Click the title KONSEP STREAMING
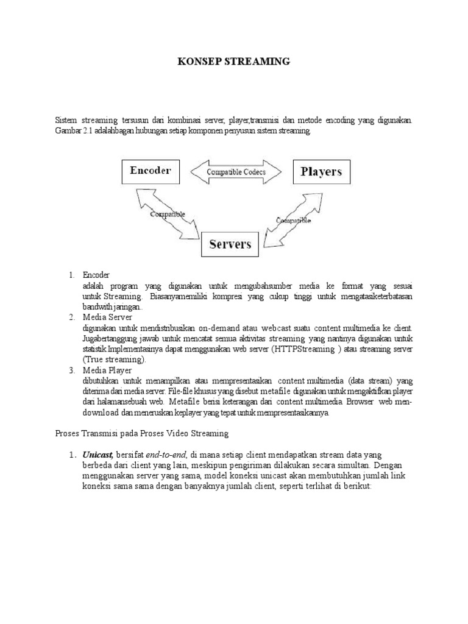[233, 62]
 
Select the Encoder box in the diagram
[151, 171]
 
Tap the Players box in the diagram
[321, 172]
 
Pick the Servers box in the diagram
[230, 245]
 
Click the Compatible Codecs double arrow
[236, 172]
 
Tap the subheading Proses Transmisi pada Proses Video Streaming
[141, 433]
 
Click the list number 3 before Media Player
[71, 370]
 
